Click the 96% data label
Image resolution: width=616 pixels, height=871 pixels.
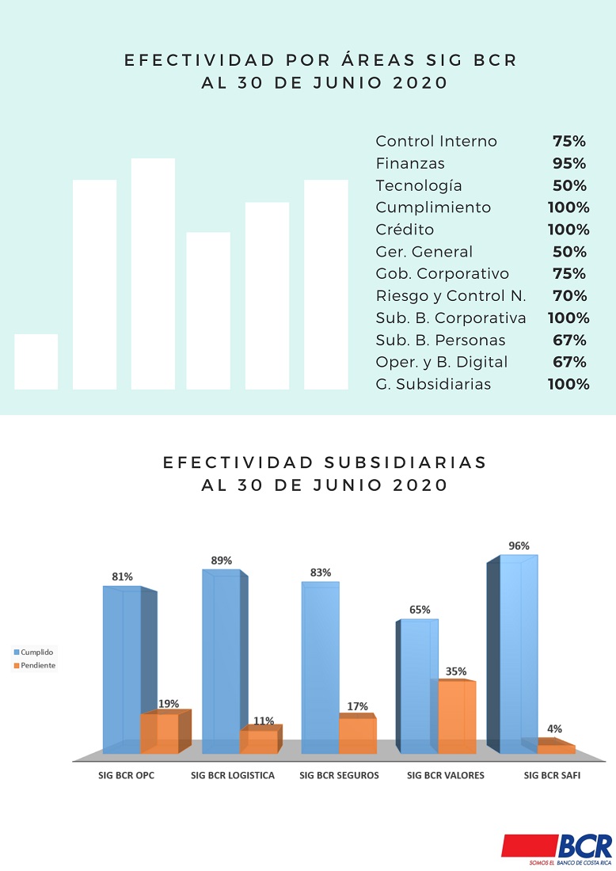pyautogui.click(x=519, y=546)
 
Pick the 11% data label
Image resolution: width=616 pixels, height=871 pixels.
pyautogui.click(x=264, y=721)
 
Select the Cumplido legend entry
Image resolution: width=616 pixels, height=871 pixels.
pyautogui.click(x=33, y=652)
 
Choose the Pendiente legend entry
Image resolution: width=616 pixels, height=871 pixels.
pyautogui.click(x=34, y=665)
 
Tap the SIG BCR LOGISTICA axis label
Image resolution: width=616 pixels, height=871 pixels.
pyautogui.click(x=233, y=775)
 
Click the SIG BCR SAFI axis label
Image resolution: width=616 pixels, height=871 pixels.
pyautogui.click(x=552, y=775)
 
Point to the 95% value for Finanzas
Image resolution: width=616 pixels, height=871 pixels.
pyautogui.click(x=569, y=163)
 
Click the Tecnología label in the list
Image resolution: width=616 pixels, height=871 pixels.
pyautogui.click(x=419, y=185)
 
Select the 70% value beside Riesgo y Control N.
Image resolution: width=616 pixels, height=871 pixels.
pyautogui.click(x=569, y=295)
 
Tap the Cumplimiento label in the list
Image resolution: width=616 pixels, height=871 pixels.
pyautogui.click(x=433, y=207)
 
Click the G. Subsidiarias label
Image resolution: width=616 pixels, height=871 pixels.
pyautogui.click(x=433, y=384)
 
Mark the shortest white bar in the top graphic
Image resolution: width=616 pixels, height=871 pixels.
pyautogui.click(x=36, y=362)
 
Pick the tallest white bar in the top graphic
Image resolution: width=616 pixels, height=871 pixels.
pyautogui.click(x=153, y=274)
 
